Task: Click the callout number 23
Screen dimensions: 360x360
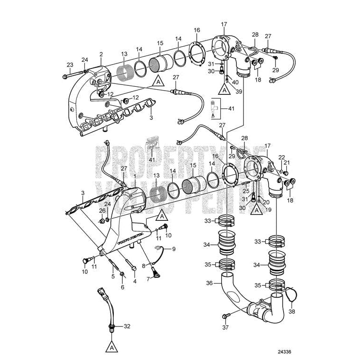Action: (69, 65)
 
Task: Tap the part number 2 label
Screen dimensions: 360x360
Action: (101, 55)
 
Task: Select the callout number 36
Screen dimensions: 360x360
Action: (209, 283)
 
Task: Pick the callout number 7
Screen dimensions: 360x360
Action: (148, 279)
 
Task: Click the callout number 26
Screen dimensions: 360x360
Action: (101, 210)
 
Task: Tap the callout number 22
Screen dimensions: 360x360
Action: (281, 157)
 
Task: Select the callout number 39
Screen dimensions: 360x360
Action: (239, 91)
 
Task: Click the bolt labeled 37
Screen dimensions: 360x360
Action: (226, 315)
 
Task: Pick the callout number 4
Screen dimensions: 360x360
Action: (134, 282)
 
